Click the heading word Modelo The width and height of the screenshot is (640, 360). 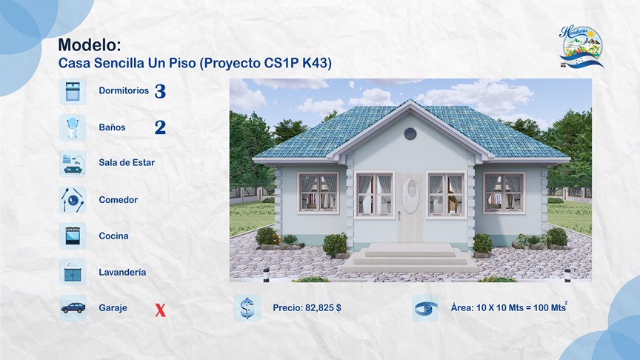click(89, 46)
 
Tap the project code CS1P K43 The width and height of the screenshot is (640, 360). click(298, 64)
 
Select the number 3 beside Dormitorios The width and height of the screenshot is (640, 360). click(161, 92)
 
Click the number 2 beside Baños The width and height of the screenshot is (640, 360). click(161, 127)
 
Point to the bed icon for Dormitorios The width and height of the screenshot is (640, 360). click(73, 91)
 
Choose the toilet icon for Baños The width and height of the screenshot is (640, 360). click(73, 127)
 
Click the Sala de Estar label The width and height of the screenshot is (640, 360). click(127, 163)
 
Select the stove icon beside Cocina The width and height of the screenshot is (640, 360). click(73, 236)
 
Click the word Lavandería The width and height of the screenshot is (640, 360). click(122, 273)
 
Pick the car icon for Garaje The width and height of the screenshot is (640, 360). click(73, 308)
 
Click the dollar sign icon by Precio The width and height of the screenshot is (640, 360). click(247, 308)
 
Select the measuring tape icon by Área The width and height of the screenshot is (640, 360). click(425, 308)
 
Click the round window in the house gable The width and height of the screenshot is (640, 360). click(410, 133)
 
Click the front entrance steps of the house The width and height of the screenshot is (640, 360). click(410, 256)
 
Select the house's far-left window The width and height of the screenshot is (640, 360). click(318, 193)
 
